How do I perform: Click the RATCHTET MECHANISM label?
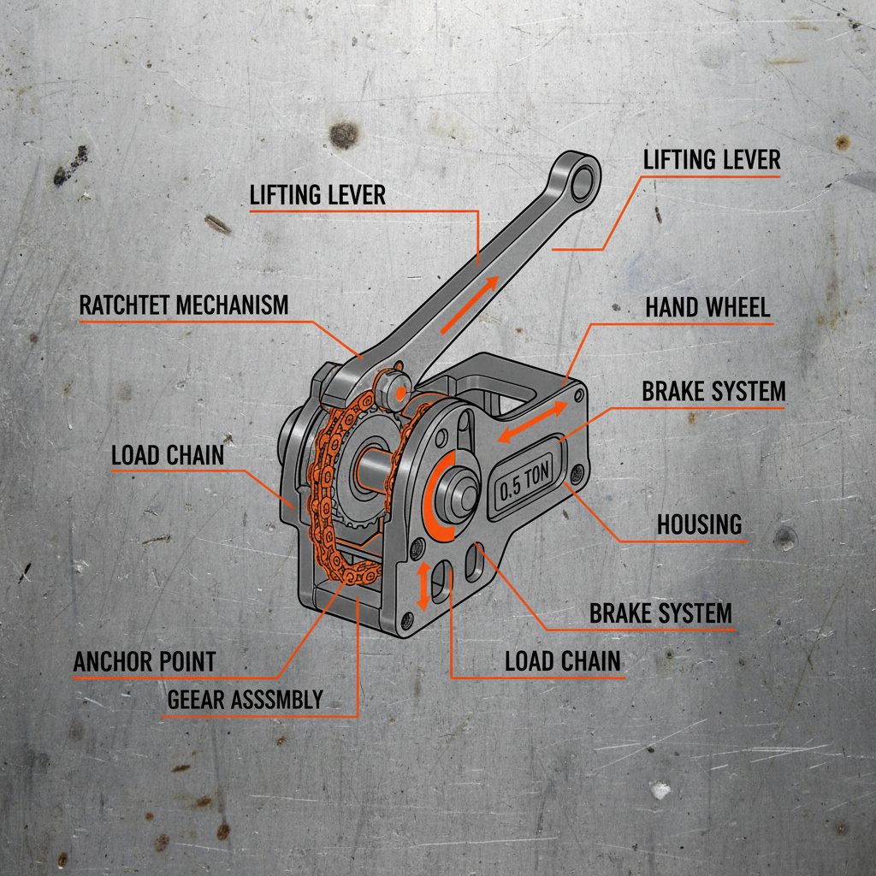coord(184,305)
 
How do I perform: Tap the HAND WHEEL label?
coord(707,307)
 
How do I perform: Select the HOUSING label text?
coord(699,524)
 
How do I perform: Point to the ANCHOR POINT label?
coord(145,661)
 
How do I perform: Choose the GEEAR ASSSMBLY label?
coord(245,700)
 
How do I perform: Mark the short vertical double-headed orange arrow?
coord(422,586)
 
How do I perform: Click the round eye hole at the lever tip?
coord(585,180)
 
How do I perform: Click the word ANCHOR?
coord(112,661)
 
